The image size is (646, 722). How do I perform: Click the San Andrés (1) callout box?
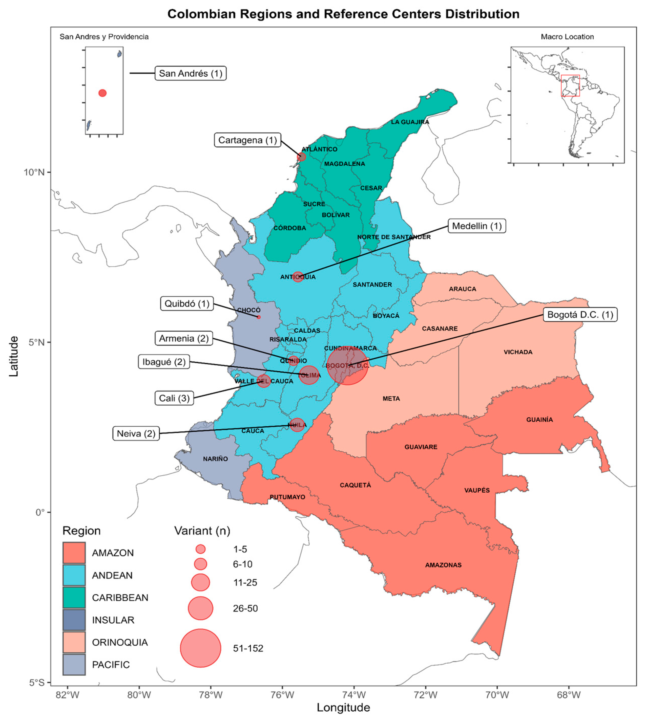[x=190, y=73]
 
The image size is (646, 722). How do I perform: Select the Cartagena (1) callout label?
[x=247, y=140]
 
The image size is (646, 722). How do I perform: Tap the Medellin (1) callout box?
[x=477, y=226]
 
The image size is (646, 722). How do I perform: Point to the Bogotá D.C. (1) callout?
[x=580, y=315]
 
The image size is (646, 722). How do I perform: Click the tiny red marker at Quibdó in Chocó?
[x=259, y=317]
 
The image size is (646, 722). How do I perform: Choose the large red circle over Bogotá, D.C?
[x=347, y=365]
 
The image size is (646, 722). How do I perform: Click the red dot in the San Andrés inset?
[x=102, y=93]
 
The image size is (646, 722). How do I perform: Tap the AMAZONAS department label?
[x=443, y=565]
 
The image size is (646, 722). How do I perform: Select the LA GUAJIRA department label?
[x=410, y=122]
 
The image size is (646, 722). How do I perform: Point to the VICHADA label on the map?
[x=518, y=352]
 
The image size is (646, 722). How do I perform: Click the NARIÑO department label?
[x=215, y=459]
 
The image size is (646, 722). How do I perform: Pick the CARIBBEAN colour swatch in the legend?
[x=74, y=598]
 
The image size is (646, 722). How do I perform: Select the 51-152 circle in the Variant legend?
[x=201, y=648]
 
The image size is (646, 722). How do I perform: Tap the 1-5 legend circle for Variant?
[x=201, y=549]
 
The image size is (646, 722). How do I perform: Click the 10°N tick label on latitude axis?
[x=34, y=172]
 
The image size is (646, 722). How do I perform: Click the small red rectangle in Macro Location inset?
[x=570, y=85]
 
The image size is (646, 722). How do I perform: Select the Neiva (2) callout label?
[x=136, y=433]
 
